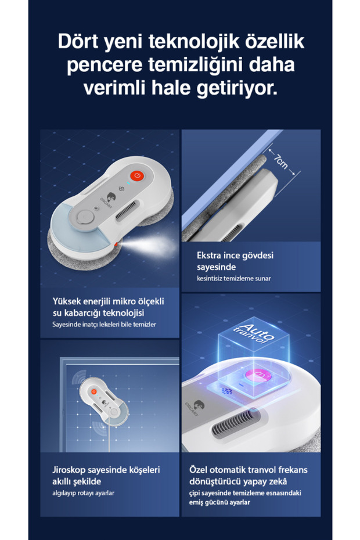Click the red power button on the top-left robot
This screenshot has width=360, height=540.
137,175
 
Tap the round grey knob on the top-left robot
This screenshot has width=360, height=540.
85,217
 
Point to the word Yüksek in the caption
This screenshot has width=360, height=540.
66,301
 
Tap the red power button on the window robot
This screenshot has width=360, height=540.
93,391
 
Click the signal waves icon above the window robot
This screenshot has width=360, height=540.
80,378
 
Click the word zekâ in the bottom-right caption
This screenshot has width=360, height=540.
277,481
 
